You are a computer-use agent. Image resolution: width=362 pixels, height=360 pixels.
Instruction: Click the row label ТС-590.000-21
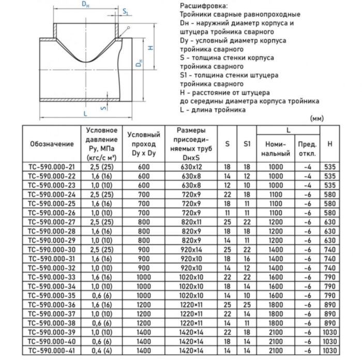[x=51, y=167]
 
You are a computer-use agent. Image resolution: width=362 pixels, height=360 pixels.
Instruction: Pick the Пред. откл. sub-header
[x=307, y=148]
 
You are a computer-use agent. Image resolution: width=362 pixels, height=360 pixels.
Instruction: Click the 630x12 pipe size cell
[x=191, y=167]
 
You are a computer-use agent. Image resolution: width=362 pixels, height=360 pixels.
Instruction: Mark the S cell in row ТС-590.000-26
[x=227, y=213]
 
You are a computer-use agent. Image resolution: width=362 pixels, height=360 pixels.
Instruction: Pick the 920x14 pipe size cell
[x=191, y=249]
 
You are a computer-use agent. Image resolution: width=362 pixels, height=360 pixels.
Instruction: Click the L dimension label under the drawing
[x=85, y=113]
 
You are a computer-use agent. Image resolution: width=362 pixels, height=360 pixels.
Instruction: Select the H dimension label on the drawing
[x=149, y=48]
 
